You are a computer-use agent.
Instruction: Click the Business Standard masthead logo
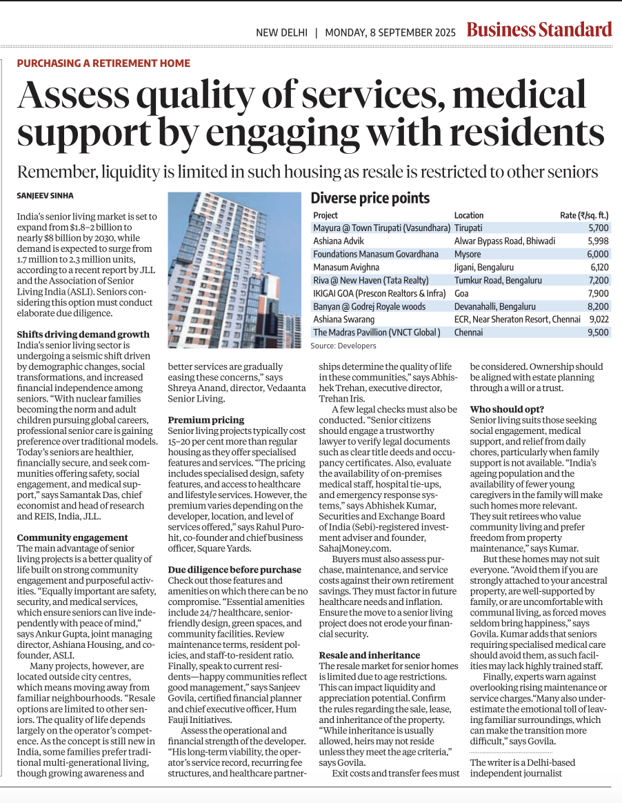[x=539, y=30]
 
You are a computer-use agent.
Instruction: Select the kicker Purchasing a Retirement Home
[x=103, y=63]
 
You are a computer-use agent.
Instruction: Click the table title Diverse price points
[x=370, y=199]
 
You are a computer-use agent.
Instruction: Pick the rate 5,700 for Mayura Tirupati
[x=598, y=228]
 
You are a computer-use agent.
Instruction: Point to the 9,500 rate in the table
[x=598, y=333]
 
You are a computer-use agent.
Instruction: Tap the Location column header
[x=469, y=215]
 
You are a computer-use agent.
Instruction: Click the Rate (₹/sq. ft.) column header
[x=584, y=215]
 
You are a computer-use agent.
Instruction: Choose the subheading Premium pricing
[x=206, y=419]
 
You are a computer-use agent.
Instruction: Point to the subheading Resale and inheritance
[x=369, y=655]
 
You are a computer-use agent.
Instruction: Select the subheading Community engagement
[x=72, y=537]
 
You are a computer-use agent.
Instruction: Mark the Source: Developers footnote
[x=343, y=345]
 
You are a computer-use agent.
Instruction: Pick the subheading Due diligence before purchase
[x=234, y=569]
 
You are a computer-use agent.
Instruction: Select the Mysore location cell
[x=468, y=254]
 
